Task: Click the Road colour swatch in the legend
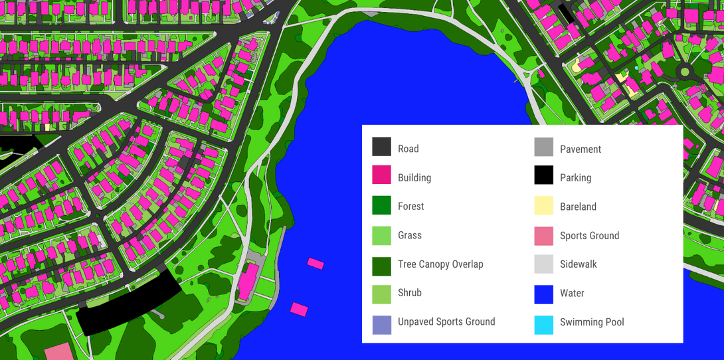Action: (381, 147)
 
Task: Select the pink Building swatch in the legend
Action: (381, 175)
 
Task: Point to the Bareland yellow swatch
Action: (543, 206)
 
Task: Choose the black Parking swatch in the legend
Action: (543, 175)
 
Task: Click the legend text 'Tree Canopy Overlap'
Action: (440, 264)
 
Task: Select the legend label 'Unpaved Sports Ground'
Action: (446, 322)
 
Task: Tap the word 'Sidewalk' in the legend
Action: (578, 264)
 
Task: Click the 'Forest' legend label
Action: (410, 207)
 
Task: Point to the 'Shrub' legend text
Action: (409, 293)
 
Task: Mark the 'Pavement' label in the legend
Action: (580, 149)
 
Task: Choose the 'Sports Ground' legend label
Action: (589, 236)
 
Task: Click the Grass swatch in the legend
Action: (381, 235)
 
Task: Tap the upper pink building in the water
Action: (316, 264)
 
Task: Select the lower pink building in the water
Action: (299, 309)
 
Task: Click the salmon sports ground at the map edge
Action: (60, 353)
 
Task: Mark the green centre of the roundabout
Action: (684, 71)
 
